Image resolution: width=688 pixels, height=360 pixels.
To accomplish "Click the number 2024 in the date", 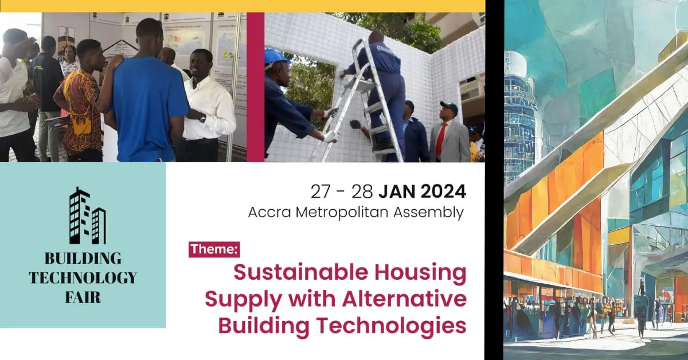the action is [444, 191].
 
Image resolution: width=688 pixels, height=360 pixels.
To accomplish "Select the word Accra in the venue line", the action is [269, 212].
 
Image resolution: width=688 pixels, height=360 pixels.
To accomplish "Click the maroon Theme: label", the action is [214, 249].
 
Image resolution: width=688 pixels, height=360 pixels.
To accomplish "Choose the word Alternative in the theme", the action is [405, 299].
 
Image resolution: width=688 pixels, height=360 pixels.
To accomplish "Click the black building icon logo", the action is [88, 216].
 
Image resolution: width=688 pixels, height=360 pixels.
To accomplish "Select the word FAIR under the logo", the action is [83, 297].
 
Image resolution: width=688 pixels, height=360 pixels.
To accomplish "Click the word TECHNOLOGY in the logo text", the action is [83, 277].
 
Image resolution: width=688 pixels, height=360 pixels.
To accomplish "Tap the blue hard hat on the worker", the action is [276, 58].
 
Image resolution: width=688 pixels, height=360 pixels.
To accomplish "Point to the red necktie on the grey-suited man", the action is [441, 138].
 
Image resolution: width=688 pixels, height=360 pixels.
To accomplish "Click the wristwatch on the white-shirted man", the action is [202, 119].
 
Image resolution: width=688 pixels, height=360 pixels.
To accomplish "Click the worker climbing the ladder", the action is [381, 92].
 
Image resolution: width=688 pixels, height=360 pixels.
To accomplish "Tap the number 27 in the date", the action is [320, 191].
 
